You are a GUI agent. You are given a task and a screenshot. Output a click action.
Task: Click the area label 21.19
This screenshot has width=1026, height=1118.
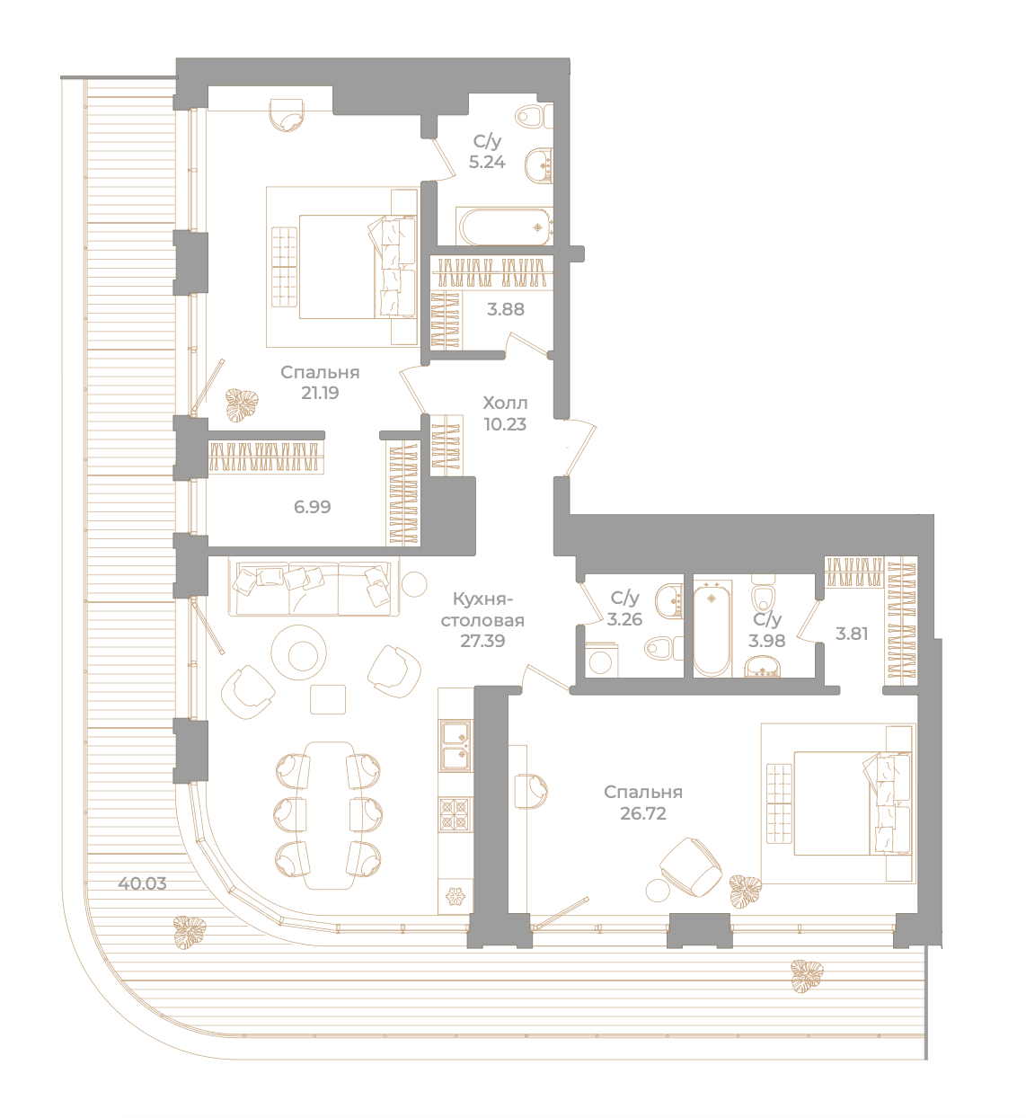click(x=319, y=393)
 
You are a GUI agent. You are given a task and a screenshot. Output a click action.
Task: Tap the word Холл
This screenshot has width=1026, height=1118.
click(x=504, y=403)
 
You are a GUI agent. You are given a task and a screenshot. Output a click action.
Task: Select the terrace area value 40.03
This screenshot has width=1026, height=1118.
click(x=142, y=883)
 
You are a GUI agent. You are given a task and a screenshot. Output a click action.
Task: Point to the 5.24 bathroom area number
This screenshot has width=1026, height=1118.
click(x=487, y=162)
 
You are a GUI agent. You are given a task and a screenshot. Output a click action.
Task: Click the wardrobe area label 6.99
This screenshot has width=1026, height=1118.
click(x=312, y=507)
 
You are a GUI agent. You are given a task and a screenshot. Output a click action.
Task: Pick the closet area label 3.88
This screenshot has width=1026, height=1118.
click(x=506, y=309)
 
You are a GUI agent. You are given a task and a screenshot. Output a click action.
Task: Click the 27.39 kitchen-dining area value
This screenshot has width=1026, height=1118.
click(x=482, y=641)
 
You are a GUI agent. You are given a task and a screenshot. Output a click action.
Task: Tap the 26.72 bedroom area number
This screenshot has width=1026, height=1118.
click(x=642, y=813)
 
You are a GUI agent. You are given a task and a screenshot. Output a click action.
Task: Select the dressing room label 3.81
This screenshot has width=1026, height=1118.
click(x=851, y=634)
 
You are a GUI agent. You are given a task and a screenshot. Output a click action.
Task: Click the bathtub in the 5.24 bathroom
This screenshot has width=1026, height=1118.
click(x=504, y=226)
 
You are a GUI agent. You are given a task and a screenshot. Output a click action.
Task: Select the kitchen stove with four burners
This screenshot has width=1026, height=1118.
click(x=455, y=813)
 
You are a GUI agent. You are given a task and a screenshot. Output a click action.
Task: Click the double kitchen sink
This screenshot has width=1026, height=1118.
click(x=456, y=746)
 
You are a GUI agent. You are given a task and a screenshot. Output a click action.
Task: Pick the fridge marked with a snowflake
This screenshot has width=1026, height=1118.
click(x=456, y=897)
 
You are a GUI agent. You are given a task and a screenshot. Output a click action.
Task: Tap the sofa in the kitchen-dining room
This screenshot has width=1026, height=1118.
click(x=314, y=589)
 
